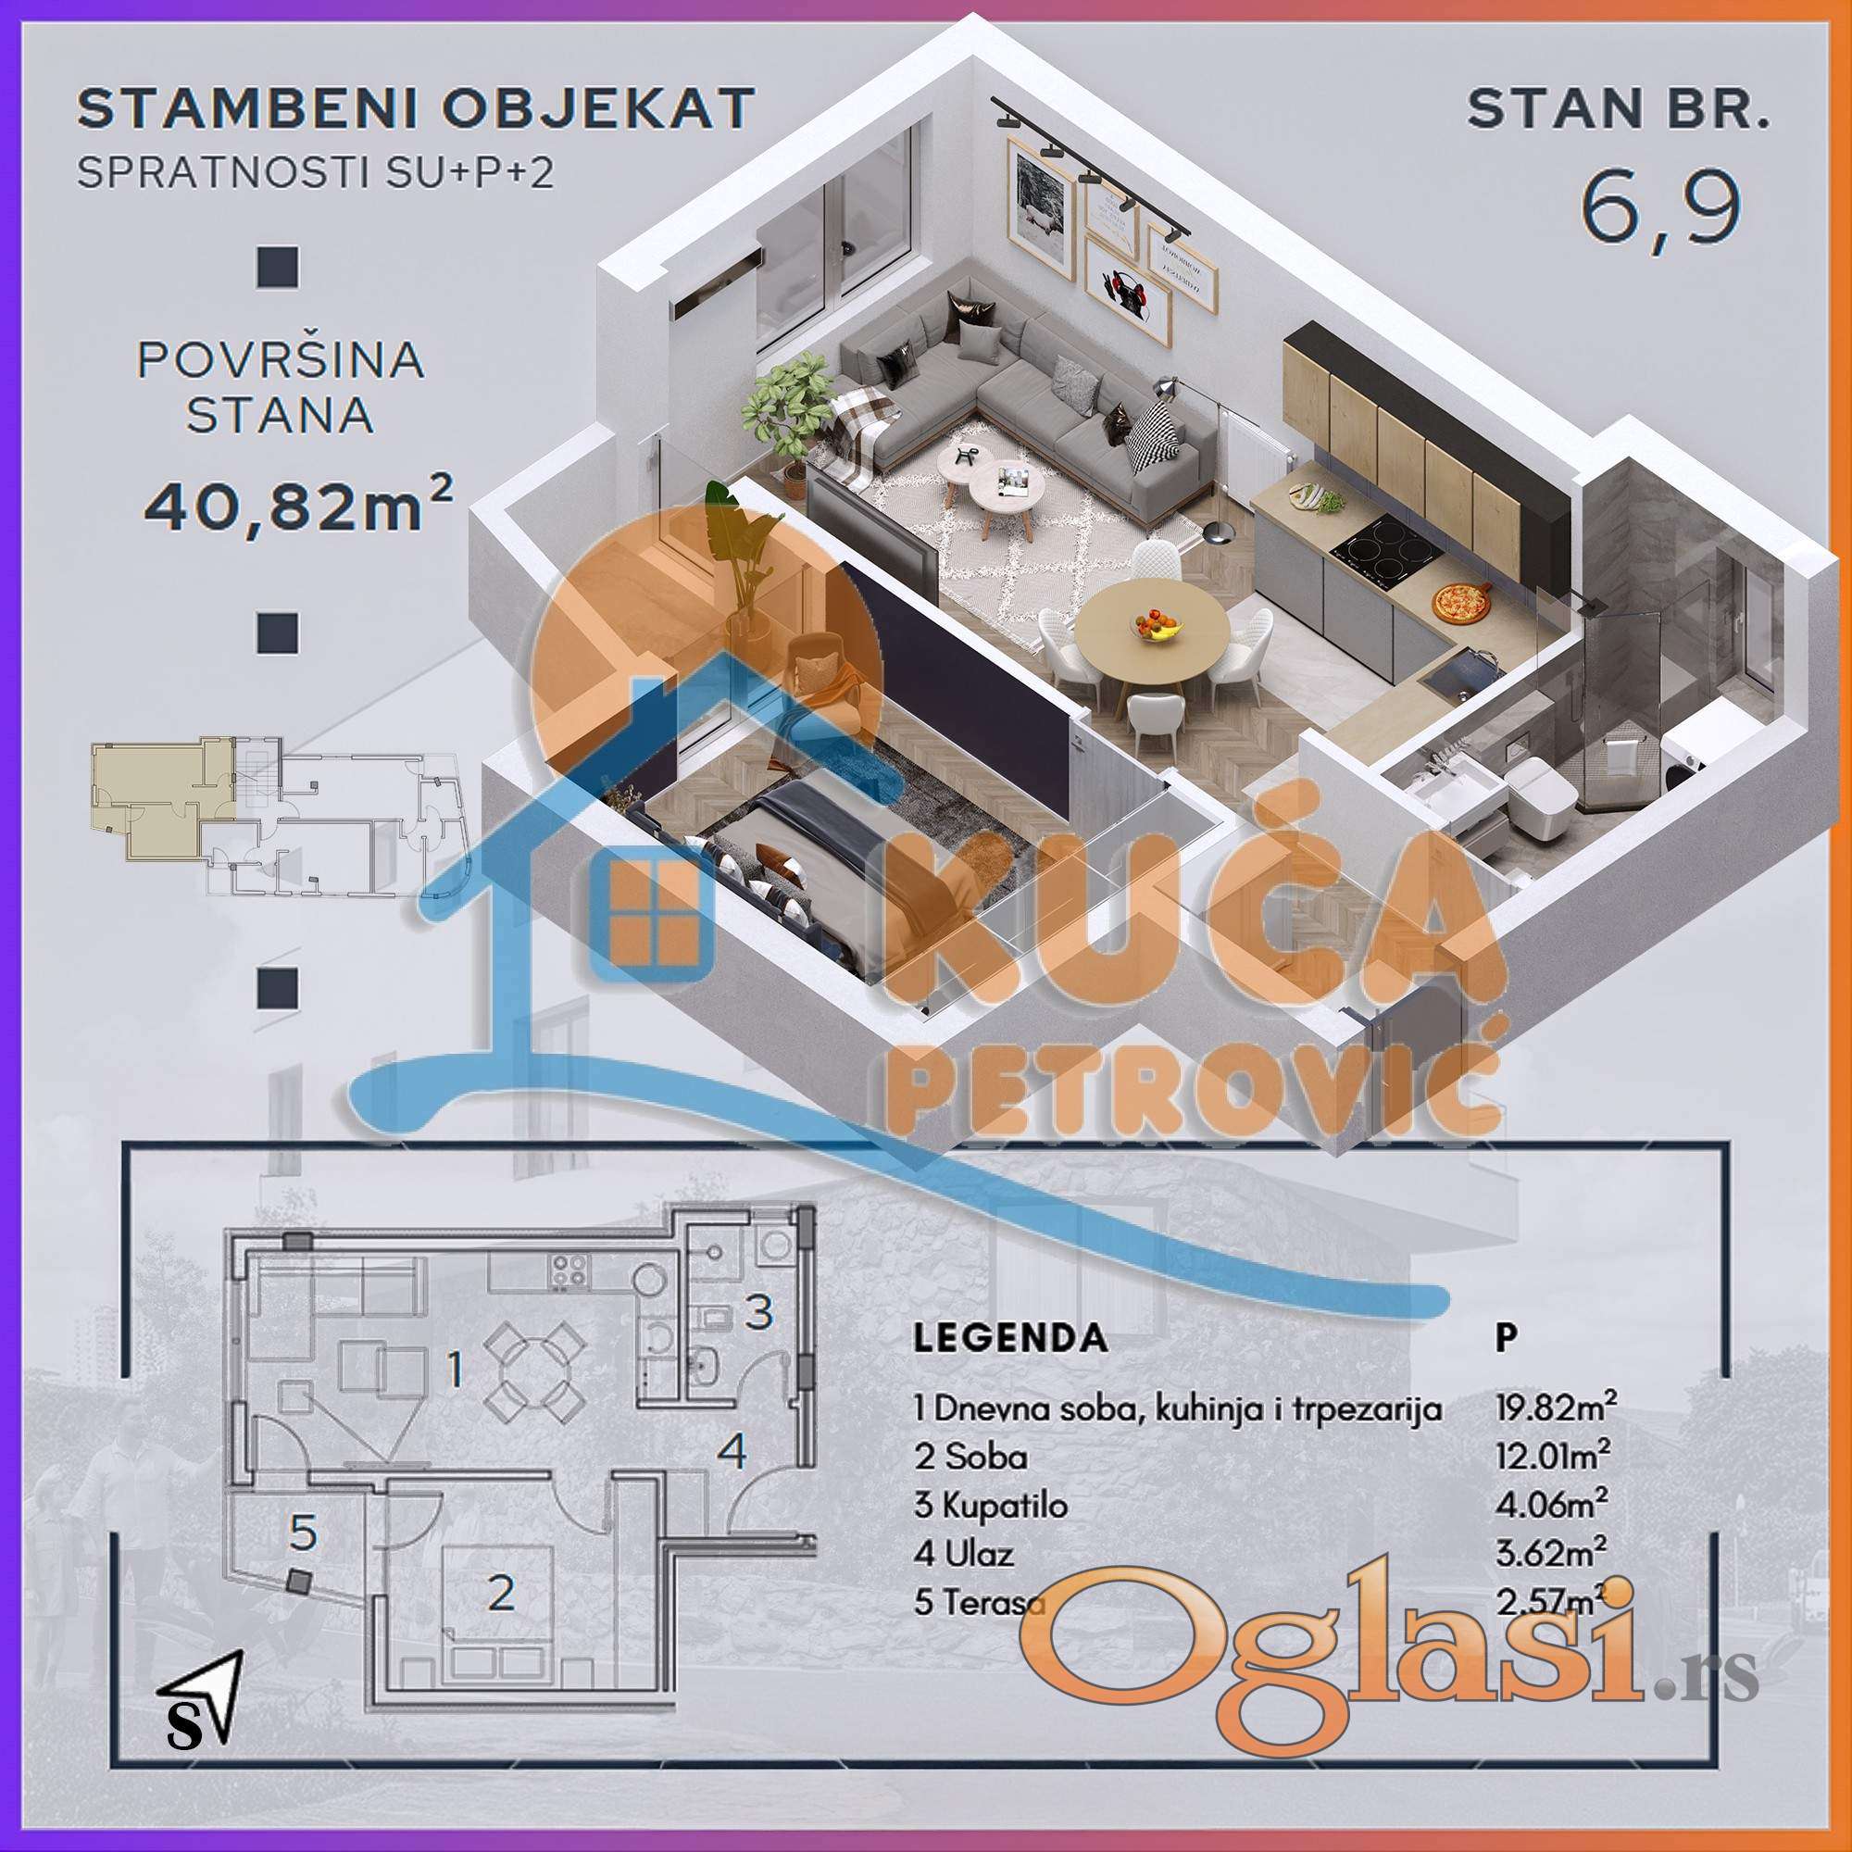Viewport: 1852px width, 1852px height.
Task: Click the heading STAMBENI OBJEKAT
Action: [x=416, y=108]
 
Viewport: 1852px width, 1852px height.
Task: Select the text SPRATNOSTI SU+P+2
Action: [x=316, y=172]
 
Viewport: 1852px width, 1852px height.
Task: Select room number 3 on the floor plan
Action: [x=759, y=1311]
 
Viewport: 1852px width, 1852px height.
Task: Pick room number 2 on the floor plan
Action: [x=500, y=1593]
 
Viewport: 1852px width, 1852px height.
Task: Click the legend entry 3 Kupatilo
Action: [x=990, y=1505]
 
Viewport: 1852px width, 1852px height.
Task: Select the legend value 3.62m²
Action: [x=1552, y=1552]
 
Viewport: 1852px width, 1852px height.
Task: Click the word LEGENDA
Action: [x=1010, y=1337]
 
